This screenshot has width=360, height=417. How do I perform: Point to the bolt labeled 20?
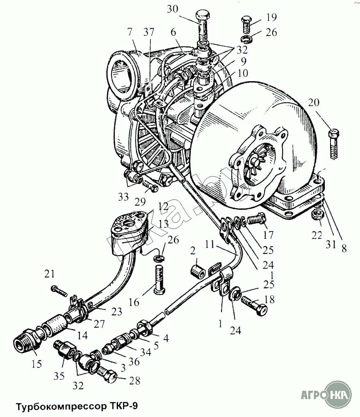click(x=334, y=143)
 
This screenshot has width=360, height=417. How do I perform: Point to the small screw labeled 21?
click(x=59, y=290)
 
